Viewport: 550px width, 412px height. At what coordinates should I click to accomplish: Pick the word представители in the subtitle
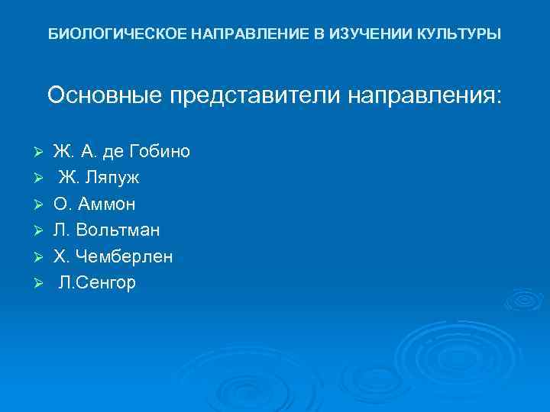[x=255, y=96]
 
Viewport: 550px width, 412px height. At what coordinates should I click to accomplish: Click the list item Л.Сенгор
[x=97, y=283]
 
